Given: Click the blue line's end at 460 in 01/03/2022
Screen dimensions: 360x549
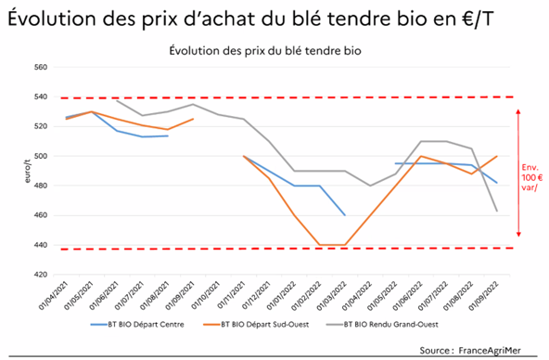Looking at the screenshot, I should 346,215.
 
